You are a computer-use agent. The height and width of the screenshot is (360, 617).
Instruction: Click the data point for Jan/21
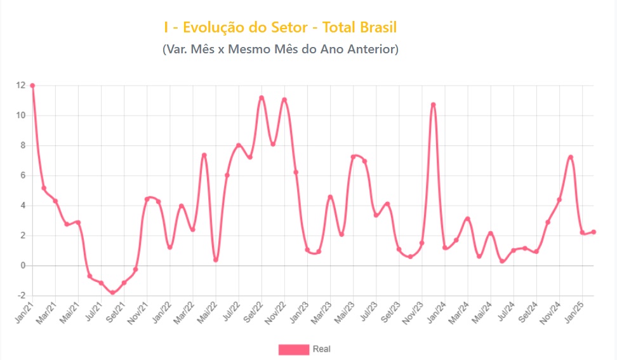tap(32, 86)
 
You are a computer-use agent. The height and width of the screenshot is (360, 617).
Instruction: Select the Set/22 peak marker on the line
tap(262, 98)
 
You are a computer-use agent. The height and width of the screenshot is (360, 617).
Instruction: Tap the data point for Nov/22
tap(284, 100)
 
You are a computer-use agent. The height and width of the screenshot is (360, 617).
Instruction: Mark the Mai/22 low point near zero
tap(216, 260)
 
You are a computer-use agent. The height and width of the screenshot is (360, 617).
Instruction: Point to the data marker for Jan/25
tap(583, 232)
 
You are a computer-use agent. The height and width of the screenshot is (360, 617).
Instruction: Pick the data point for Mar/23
tap(330, 197)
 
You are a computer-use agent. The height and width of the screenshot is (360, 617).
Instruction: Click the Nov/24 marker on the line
tap(559, 200)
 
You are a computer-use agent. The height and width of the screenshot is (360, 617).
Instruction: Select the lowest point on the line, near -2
tap(112, 292)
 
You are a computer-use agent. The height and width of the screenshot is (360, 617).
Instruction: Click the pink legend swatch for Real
tap(293, 349)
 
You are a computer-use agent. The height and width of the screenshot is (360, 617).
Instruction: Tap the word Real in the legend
tap(321, 349)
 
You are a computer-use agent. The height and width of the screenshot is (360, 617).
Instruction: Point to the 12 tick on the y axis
tap(21, 86)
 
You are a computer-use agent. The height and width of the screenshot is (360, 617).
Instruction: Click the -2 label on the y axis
tap(21, 296)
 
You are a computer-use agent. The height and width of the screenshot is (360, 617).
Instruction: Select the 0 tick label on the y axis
tap(23, 265)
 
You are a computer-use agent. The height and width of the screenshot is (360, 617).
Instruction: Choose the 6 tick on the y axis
tap(23, 175)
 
